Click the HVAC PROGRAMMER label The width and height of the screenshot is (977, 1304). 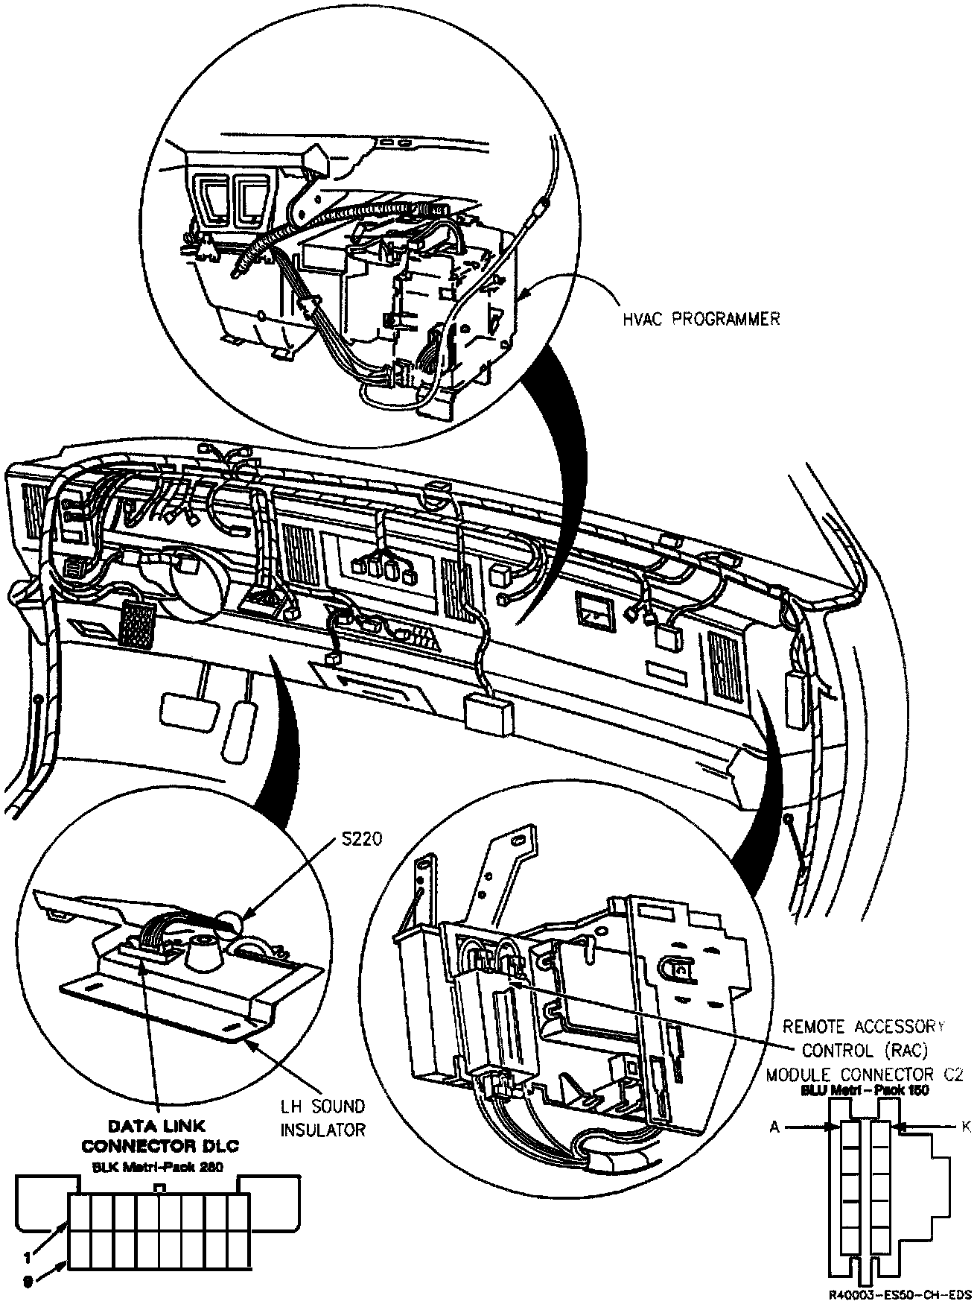pyautogui.click(x=701, y=320)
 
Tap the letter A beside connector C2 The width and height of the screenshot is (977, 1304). pyautogui.click(x=774, y=1128)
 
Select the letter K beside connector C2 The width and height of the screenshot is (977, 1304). pyautogui.click(x=966, y=1127)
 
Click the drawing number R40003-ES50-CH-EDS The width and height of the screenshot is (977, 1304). pyautogui.click(x=900, y=1294)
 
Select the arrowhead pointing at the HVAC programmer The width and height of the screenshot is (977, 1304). pyautogui.click(x=524, y=297)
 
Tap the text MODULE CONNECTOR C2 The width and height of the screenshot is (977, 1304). pyautogui.click(x=865, y=1074)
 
